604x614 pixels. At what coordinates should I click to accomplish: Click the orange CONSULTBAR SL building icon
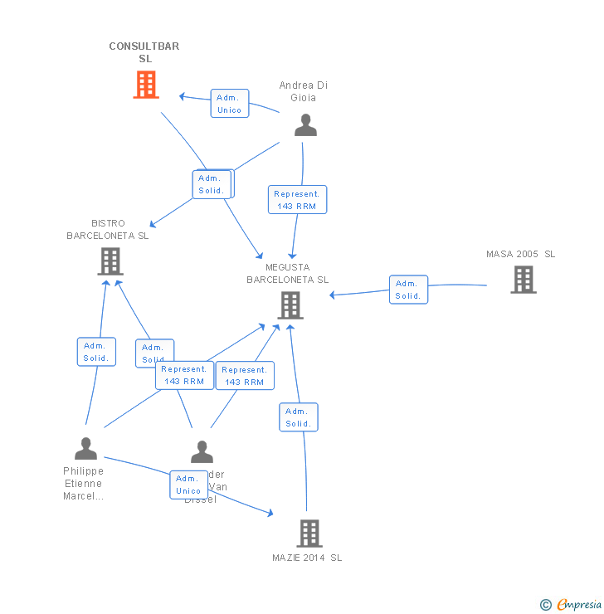[x=146, y=85]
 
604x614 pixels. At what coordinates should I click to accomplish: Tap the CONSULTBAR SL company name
[x=144, y=52]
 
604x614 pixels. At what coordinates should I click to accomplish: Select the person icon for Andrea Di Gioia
[x=306, y=125]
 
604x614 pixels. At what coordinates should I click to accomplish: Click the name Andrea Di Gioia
[x=304, y=91]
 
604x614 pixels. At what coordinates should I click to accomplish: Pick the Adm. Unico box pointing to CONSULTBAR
[x=229, y=104]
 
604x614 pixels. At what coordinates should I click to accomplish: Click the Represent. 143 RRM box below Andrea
[x=297, y=200]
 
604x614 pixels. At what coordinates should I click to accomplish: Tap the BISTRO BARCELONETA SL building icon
[x=110, y=261]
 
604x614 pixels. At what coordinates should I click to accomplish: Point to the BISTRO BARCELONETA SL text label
[x=108, y=230]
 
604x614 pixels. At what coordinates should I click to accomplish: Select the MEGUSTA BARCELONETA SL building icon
[x=290, y=305]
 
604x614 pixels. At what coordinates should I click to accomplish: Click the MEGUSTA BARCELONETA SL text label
[x=288, y=274]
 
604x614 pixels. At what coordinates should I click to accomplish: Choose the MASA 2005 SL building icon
[x=523, y=280]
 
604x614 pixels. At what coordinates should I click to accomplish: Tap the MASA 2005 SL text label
[x=521, y=254]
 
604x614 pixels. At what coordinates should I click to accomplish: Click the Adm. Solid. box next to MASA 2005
[x=408, y=290]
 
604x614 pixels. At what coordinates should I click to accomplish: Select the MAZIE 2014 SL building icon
[x=309, y=533]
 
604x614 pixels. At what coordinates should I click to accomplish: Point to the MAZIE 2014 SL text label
[x=307, y=558]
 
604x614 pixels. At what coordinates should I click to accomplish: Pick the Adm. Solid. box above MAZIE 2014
[x=298, y=417]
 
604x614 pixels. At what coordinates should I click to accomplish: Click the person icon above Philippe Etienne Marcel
[x=85, y=449]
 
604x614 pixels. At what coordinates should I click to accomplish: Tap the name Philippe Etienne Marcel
[x=84, y=484]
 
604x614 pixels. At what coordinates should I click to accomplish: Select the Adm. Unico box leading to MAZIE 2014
[x=188, y=485]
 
